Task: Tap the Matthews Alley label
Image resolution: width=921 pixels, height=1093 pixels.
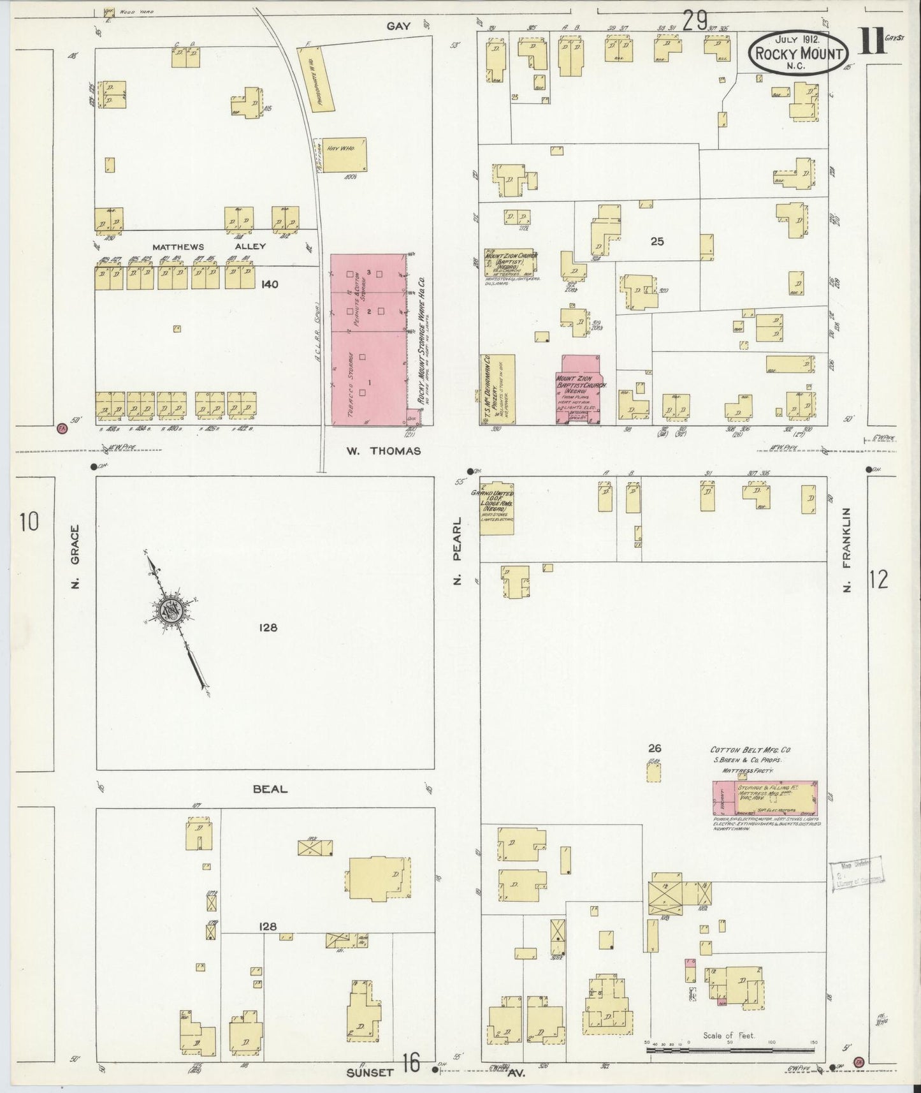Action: tap(209, 246)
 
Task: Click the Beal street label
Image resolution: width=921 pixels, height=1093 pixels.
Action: tap(270, 789)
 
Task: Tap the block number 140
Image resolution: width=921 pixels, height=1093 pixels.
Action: tap(270, 284)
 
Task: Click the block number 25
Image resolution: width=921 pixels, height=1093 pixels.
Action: tap(657, 241)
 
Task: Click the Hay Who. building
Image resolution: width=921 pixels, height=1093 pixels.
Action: tap(344, 153)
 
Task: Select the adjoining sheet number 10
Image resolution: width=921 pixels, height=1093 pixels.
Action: tap(29, 522)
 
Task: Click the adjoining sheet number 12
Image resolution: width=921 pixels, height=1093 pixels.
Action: tap(878, 580)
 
